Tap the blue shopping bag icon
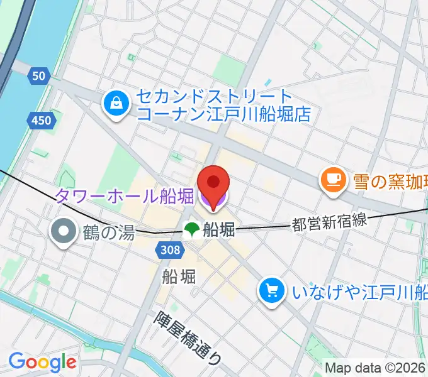116,104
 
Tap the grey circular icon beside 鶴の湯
64,232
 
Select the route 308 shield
169,251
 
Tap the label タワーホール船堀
124,197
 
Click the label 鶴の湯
108,232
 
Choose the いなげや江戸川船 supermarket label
359,292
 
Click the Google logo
42,362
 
